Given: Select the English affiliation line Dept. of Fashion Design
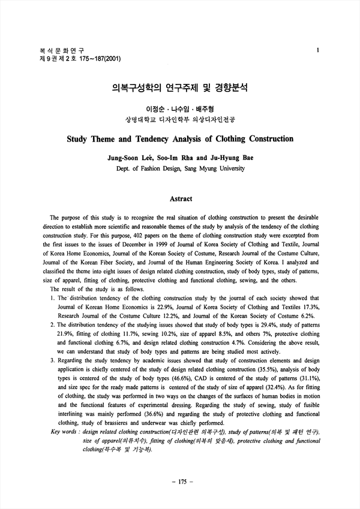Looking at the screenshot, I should point(180,169).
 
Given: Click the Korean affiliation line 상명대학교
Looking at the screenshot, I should point(180,119).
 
